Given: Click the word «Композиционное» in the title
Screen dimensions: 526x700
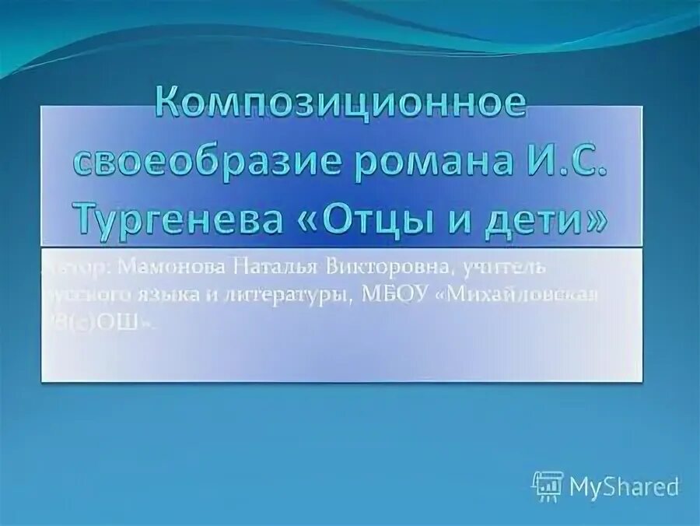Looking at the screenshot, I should click(x=341, y=103).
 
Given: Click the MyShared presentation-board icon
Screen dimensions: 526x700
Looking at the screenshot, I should click(x=547, y=486).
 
